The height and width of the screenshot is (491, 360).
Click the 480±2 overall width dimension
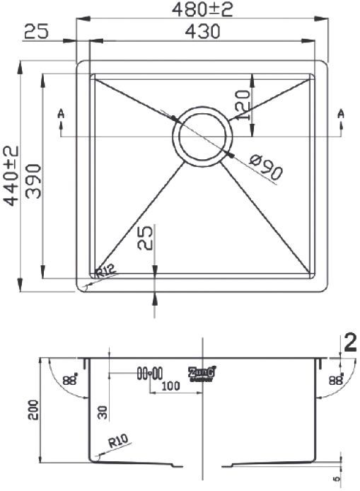tap(202, 9)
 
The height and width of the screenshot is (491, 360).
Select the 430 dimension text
tap(202, 32)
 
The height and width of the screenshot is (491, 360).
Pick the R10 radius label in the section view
tap(117, 444)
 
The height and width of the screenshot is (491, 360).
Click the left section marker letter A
tap(62, 113)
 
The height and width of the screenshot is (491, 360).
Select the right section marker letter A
tap(341, 113)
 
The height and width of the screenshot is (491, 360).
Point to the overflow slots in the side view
tap(150, 372)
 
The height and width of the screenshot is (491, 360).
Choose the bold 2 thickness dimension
tap(349, 343)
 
